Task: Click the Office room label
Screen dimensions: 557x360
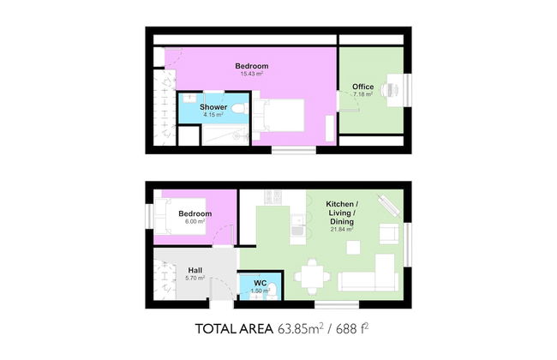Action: tap(362, 87)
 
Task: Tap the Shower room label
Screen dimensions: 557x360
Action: tap(213, 107)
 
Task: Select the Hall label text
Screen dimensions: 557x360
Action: tap(195, 271)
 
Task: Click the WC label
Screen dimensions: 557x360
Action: tap(260, 283)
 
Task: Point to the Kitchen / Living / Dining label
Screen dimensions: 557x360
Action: tap(342, 213)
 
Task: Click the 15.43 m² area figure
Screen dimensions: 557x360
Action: tap(251, 74)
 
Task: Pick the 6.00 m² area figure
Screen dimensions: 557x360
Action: tap(195, 221)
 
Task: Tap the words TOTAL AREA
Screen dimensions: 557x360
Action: tap(234, 329)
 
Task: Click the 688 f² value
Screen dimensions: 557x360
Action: tap(351, 328)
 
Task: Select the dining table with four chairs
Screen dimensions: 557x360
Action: tap(312, 277)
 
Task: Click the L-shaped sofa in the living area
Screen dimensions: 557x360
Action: tap(368, 273)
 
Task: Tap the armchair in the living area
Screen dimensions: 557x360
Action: tap(389, 234)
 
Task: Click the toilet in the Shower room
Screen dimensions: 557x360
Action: tap(240, 108)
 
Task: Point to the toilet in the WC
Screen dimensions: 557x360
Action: tap(273, 291)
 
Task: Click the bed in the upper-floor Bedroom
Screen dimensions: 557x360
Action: tap(278, 116)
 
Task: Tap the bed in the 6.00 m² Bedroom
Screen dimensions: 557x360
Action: tap(181, 216)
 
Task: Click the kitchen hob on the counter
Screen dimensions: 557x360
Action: tap(273, 197)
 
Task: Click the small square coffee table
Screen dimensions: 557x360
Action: tap(353, 248)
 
